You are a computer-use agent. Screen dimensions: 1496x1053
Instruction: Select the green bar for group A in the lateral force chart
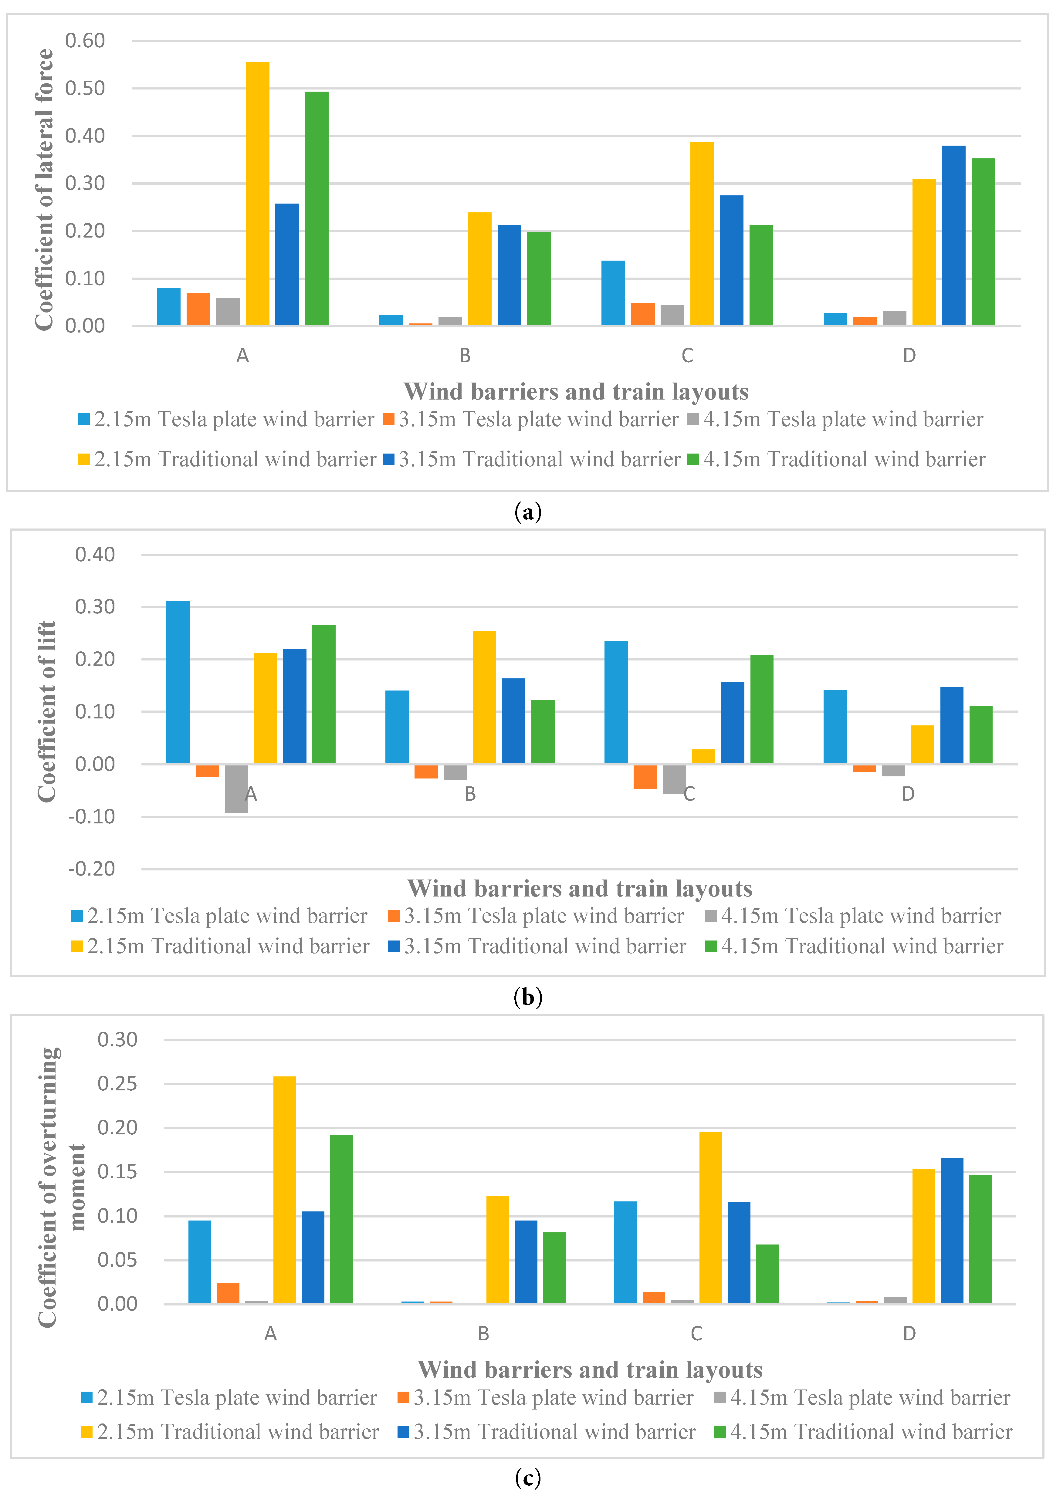(317, 208)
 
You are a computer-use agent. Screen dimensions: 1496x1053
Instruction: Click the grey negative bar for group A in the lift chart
(236, 789)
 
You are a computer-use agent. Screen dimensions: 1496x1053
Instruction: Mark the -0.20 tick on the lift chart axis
(92, 869)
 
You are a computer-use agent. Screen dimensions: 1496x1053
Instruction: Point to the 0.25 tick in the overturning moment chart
(117, 1084)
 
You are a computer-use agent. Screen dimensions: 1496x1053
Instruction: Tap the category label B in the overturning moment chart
(483, 1334)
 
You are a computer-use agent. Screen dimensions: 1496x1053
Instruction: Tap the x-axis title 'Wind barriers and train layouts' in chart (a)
(576, 392)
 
